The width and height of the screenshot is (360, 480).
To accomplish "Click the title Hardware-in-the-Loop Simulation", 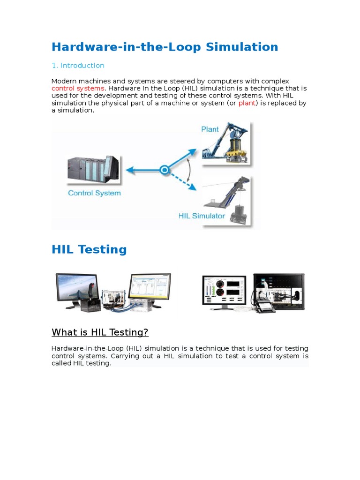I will pyautogui.click(x=165, y=47).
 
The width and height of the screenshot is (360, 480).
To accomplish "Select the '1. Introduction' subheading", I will pyautogui.click(x=78, y=66).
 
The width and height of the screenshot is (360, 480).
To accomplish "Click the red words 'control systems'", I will pyautogui.click(x=78, y=88).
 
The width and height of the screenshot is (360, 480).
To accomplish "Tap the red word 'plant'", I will pyautogui.click(x=247, y=103).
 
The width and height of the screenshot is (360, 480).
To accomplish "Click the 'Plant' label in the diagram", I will pyautogui.click(x=210, y=129).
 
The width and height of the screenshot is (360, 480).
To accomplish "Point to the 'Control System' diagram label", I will pyautogui.click(x=94, y=193).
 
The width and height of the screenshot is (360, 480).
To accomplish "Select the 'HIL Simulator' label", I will pyautogui.click(x=202, y=216).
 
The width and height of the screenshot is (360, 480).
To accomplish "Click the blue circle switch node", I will pyautogui.click(x=164, y=171).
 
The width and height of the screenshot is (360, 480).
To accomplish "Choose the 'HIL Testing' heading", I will pyautogui.click(x=89, y=249).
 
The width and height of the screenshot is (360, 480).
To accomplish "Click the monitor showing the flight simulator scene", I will pyautogui.click(x=77, y=290).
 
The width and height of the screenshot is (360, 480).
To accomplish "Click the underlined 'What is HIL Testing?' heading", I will pyautogui.click(x=100, y=333).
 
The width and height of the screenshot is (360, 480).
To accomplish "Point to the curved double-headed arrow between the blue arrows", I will pyautogui.click(x=188, y=170).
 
